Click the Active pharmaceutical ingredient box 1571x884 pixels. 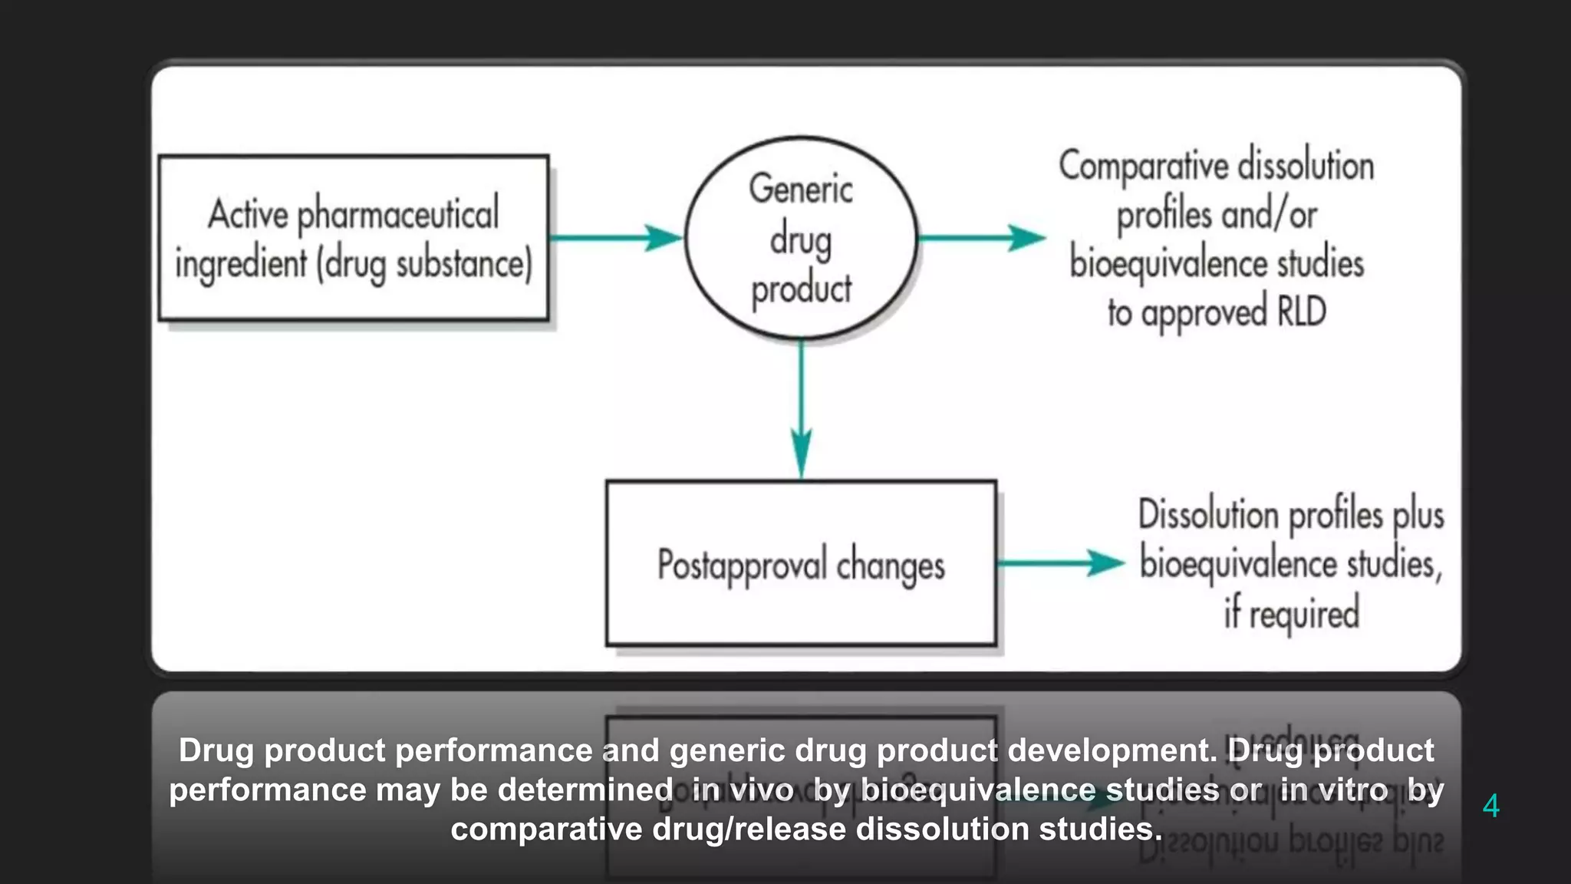point(354,238)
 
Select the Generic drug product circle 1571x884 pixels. point(801,238)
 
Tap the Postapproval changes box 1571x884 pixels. point(801,564)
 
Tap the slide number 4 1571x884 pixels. point(1490,806)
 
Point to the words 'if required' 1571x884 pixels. point(1292,613)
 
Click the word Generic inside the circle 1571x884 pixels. point(801,190)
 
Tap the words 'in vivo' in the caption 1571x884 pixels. point(743,790)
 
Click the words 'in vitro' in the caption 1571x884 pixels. point(1334,790)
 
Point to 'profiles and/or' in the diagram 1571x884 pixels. point(1216,216)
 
